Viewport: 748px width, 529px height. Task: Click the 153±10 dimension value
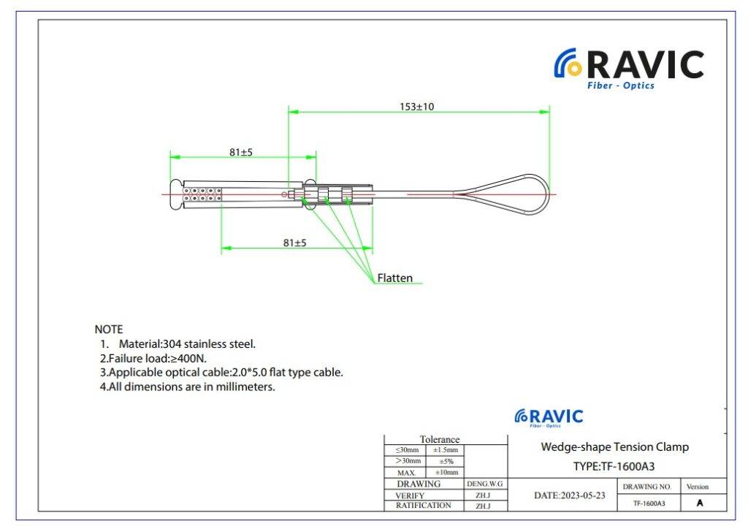click(x=417, y=107)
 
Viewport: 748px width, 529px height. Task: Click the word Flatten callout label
click(x=394, y=278)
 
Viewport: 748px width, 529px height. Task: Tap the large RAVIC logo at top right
click(x=629, y=68)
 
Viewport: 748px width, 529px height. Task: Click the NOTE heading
click(x=109, y=329)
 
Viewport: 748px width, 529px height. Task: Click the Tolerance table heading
click(x=439, y=439)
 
